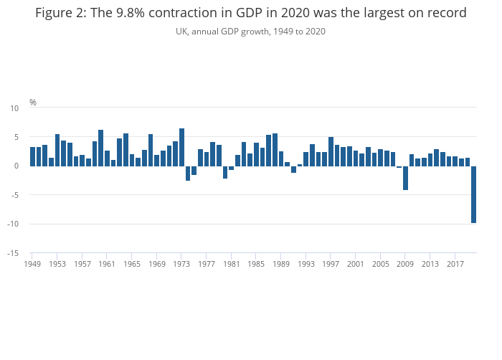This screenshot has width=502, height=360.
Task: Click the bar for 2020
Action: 473,194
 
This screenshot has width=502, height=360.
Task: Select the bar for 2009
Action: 405,178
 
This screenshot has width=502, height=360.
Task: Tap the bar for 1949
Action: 32,156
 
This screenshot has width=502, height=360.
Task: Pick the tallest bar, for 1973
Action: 181,147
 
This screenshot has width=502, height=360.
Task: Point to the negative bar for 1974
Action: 188,173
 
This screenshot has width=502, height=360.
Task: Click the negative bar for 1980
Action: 225,172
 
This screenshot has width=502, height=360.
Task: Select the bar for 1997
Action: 331,151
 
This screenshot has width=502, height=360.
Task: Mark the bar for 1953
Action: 57,150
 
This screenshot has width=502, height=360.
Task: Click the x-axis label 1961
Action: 107,265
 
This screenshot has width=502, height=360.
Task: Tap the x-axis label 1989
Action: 281,265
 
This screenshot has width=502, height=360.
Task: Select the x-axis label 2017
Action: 455,265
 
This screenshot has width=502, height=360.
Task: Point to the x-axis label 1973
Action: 181,265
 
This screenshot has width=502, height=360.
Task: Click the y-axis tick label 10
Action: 14,108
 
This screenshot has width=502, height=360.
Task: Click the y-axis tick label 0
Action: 16,166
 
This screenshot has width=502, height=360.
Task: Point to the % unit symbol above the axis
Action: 33,103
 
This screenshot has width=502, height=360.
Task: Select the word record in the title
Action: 447,13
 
